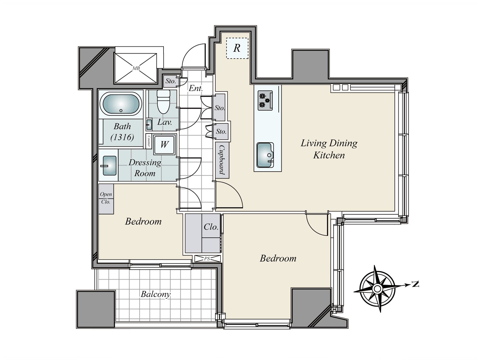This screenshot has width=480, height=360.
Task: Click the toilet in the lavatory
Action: click(163, 102)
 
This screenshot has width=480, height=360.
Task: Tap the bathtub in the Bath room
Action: click(121, 103)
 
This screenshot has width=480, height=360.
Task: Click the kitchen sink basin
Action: click(265, 155)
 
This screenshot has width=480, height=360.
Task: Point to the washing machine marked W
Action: click(164, 145)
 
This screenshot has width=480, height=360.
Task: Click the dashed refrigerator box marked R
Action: click(237, 48)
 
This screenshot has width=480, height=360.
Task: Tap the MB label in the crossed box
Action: click(136, 68)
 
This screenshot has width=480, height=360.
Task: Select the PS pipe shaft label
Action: click(207, 259)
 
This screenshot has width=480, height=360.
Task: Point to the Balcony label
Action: click(155, 294)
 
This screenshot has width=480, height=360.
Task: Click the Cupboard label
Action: click(222, 160)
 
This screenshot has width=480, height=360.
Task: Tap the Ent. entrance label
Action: click(196, 88)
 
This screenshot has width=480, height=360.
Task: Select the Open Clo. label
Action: click(106, 198)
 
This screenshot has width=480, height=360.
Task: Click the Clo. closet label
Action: click(211, 227)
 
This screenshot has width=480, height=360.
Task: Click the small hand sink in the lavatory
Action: click(149, 124)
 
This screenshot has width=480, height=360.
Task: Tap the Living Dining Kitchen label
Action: click(329, 149)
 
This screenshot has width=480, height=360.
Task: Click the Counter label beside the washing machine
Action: click(149, 141)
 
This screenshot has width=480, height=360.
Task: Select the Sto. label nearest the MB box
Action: click(171, 81)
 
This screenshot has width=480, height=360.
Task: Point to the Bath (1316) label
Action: click(122, 132)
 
